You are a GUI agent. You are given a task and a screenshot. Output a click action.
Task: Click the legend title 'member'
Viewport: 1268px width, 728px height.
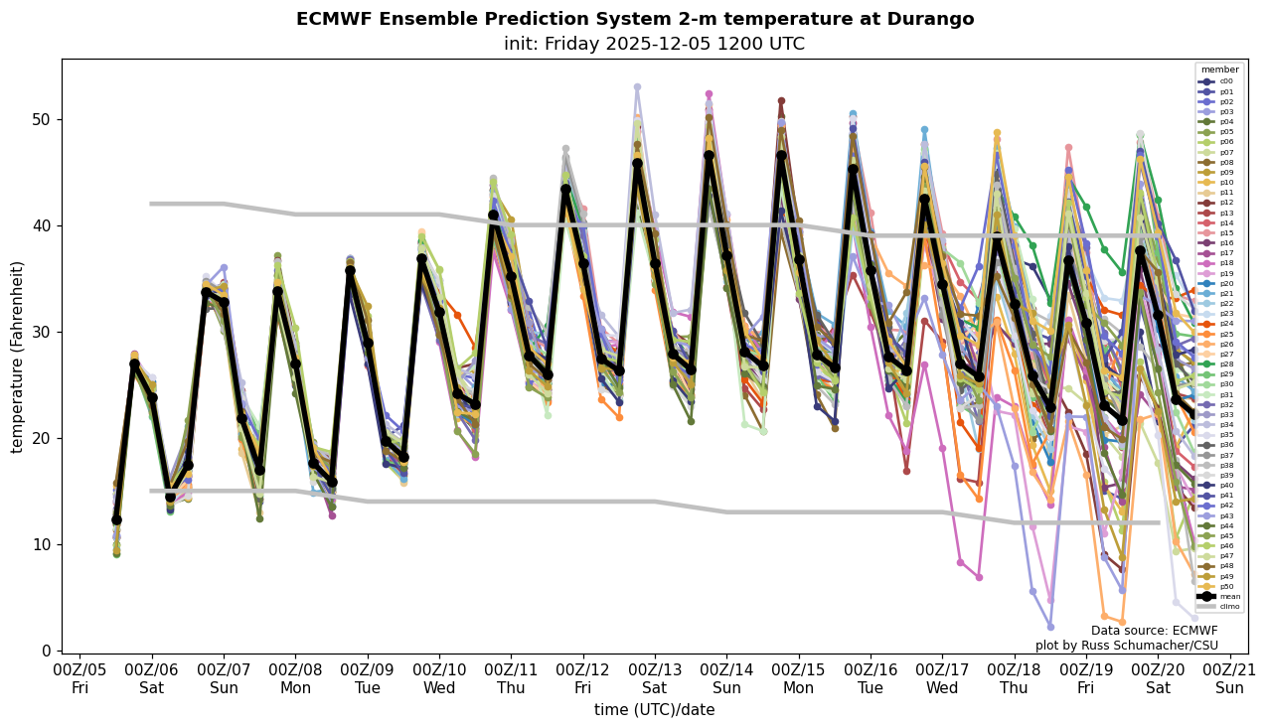click(x=1220, y=70)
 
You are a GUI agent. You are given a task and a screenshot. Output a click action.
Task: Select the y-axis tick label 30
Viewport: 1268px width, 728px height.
click(x=45, y=332)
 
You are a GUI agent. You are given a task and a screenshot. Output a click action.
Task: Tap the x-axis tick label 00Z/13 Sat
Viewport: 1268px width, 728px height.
click(x=655, y=679)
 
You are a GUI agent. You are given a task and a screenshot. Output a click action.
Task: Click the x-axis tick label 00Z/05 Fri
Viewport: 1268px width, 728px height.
click(x=80, y=679)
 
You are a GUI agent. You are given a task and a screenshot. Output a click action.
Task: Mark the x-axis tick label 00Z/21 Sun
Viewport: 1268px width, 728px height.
click(x=1229, y=679)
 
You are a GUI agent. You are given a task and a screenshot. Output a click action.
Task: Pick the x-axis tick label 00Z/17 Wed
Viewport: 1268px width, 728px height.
click(x=942, y=679)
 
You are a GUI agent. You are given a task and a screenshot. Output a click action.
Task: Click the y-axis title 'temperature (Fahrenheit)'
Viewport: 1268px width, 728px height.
click(x=18, y=357)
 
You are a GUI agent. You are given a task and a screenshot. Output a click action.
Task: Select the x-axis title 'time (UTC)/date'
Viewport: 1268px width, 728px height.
click(x=655, y=710)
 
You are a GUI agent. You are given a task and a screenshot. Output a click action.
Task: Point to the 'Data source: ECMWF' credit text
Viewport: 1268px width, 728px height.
click(x=1154, y=631)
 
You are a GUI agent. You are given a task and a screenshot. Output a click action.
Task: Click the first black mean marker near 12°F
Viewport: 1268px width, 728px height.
click(x=116, y=519)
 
